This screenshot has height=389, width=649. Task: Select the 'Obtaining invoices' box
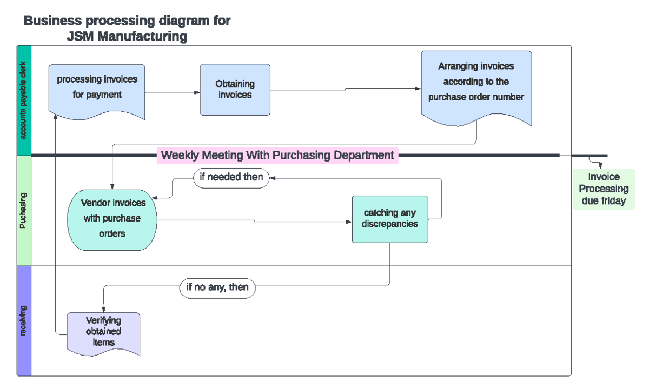[235, 90]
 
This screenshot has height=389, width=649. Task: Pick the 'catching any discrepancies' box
[390, 219]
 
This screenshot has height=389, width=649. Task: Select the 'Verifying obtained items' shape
[103, 332]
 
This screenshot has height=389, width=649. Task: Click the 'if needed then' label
[231, 177]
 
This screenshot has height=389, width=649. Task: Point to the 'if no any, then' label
[217, 287]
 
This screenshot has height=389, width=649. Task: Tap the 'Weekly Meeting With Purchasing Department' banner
[277, 156]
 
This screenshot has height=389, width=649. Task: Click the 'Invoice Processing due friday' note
[604, 189]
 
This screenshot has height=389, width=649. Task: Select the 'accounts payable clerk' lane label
[24, 101]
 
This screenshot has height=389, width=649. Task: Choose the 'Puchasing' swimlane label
[24, 211]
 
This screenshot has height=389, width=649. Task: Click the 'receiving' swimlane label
[24, 321]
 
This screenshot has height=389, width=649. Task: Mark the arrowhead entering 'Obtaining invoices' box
[197, 92]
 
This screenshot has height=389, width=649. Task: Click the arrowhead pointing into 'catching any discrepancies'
[349, 222]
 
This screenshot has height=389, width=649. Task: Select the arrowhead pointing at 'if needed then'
[273, 177]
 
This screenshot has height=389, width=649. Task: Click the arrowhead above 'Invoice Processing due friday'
[599, 166]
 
